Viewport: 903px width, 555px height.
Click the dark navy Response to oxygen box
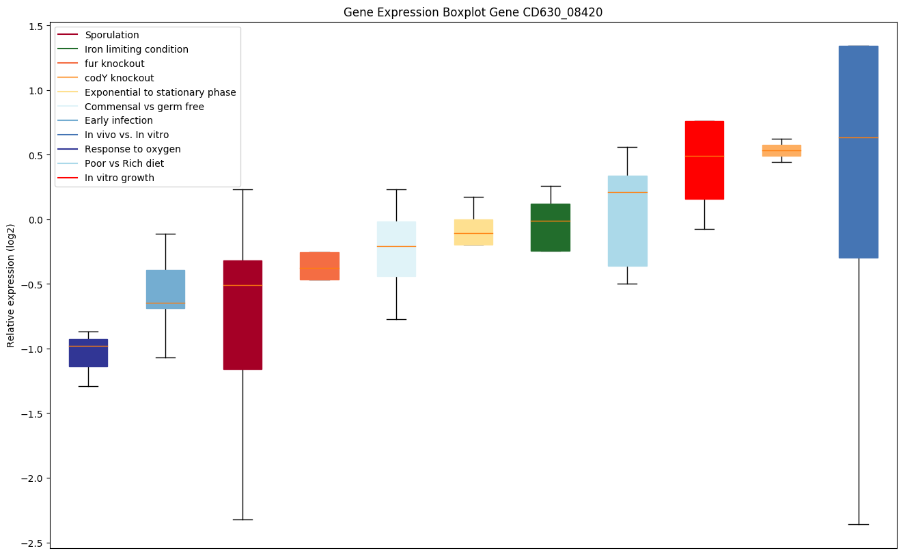88,353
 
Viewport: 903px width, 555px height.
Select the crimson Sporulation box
242,314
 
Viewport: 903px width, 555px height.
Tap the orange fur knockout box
320,266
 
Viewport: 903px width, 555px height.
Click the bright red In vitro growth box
704,160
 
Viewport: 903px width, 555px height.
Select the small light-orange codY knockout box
781,150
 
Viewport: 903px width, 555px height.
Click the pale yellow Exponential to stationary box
473,232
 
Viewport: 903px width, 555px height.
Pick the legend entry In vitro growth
119,178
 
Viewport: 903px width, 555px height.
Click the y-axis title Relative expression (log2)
11,285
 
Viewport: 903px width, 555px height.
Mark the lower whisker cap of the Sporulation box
242,519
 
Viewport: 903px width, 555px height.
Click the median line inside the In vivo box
858,138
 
